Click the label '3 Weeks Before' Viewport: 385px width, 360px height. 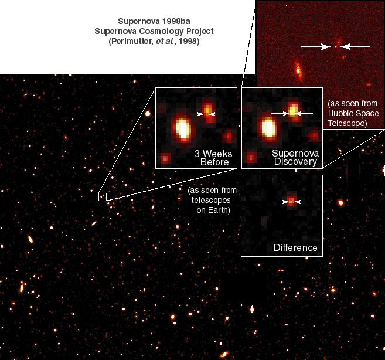pos(213,158)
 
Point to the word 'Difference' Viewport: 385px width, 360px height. pos(295,248)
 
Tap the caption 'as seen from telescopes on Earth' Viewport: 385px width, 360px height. pos(209,201)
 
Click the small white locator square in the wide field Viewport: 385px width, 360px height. pos(102,197)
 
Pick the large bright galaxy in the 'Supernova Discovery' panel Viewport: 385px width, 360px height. pos(268,127)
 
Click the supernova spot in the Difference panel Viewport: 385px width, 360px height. pos(291,202)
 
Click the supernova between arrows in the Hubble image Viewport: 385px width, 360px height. pos(336,46)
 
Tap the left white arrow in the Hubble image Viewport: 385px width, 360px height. pos(316,46)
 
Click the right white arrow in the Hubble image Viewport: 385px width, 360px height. pos(356,46)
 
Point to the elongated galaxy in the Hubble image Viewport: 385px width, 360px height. pos(298,72)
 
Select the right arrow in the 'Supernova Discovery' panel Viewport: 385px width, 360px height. pos(306,113)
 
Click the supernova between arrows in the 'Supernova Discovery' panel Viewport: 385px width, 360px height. pos(293,111)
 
